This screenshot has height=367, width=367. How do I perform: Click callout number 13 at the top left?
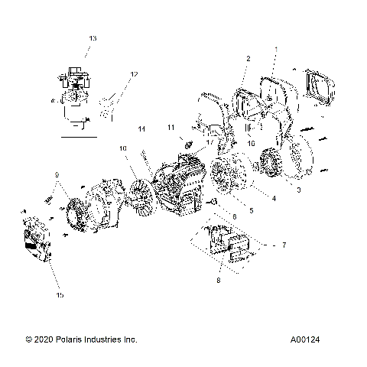93,37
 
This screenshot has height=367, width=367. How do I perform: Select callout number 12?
134,74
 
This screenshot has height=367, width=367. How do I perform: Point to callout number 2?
248,58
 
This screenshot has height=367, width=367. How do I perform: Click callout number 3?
298,189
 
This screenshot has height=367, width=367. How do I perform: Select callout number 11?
171,127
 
